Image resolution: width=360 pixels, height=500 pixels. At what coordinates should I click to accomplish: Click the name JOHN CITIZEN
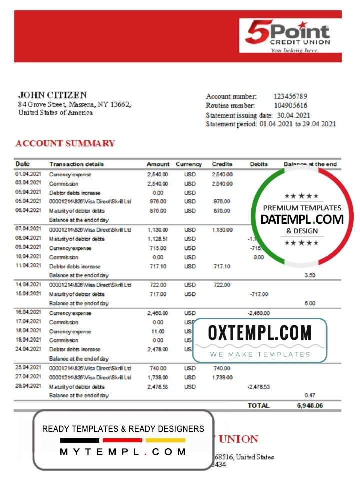[52, 95]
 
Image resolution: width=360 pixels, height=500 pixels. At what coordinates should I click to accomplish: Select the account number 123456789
[290, 96]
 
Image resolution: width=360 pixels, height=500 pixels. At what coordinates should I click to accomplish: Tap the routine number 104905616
[290, 105]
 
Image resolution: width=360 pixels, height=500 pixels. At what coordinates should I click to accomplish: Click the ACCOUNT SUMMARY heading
[65, 144]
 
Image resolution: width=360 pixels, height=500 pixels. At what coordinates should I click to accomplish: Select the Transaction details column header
[77, 164]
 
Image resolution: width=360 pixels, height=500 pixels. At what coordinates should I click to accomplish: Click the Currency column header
[189, 164]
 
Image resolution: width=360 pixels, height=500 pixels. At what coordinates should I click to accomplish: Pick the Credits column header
[222, 164]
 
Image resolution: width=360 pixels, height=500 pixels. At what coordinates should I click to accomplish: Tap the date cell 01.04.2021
[28, 174]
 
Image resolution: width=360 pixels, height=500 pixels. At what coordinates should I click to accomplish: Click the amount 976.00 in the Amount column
[158, 202]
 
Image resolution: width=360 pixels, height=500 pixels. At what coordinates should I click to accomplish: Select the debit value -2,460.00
[258, 313]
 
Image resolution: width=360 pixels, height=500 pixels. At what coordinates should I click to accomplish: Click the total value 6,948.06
[310, 406]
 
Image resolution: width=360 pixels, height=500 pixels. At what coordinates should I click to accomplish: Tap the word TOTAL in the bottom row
[258, 406]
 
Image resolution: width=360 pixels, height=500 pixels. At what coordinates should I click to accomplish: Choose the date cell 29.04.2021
[28, 386]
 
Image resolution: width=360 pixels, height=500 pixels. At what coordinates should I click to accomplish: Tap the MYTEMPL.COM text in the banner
[123, 452]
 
